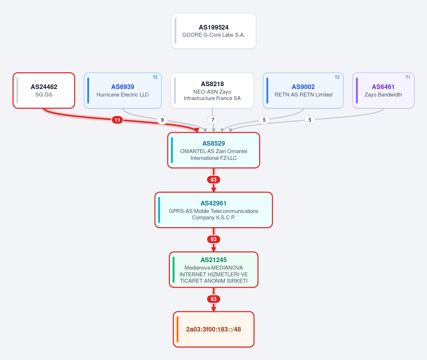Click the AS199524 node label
click(x=214, y=27)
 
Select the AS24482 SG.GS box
click(x=44, y=90)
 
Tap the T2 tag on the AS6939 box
click(x=155, y=77)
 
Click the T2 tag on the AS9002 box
click(x=337, y=77)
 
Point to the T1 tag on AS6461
click(x=408, y=77)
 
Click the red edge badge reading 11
click(x=118, y=120)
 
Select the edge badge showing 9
click(x=162, y=120)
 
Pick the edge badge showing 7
click(x=213, y=120)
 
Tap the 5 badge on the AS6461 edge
click(x=309, y=120)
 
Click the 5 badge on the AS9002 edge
click(x=264, y=120)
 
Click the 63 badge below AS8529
click(x=214, y=180)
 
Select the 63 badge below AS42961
click(x=214, y=239)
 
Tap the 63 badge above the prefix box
click(x=214, y=299)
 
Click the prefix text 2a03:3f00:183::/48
click(x=214, y=329)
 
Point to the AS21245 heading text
click(x=214, y=260)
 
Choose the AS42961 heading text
click(x=214, y=203)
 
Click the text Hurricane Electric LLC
click(x=123, y=95)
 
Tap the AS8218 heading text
click(x=212, y=84)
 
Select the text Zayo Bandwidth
click(x=383, y=95)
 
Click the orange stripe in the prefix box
click(x=178, y=329)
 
